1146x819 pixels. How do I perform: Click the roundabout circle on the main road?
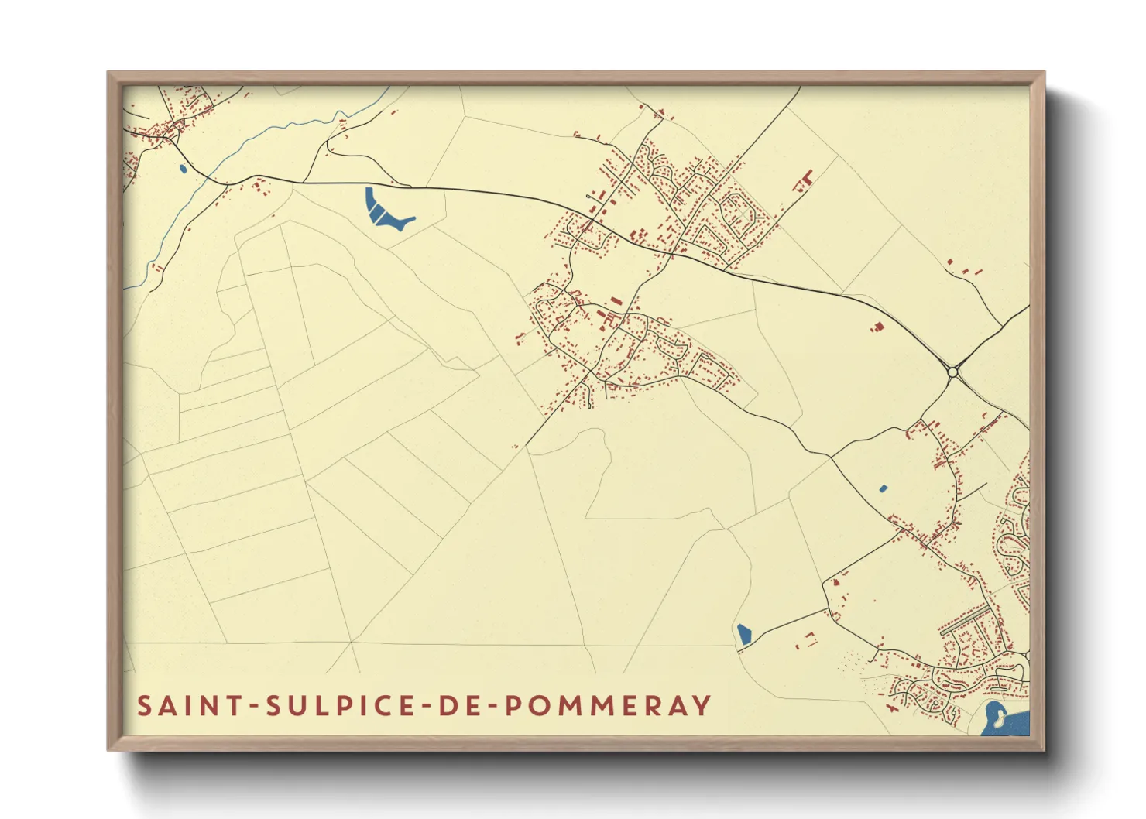953,373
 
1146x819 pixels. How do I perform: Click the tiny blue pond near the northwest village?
182,168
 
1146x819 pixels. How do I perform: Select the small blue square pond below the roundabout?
884,488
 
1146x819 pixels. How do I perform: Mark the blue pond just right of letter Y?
744,635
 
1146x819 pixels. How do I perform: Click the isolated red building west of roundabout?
877,327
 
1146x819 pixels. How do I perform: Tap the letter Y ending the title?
702,706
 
